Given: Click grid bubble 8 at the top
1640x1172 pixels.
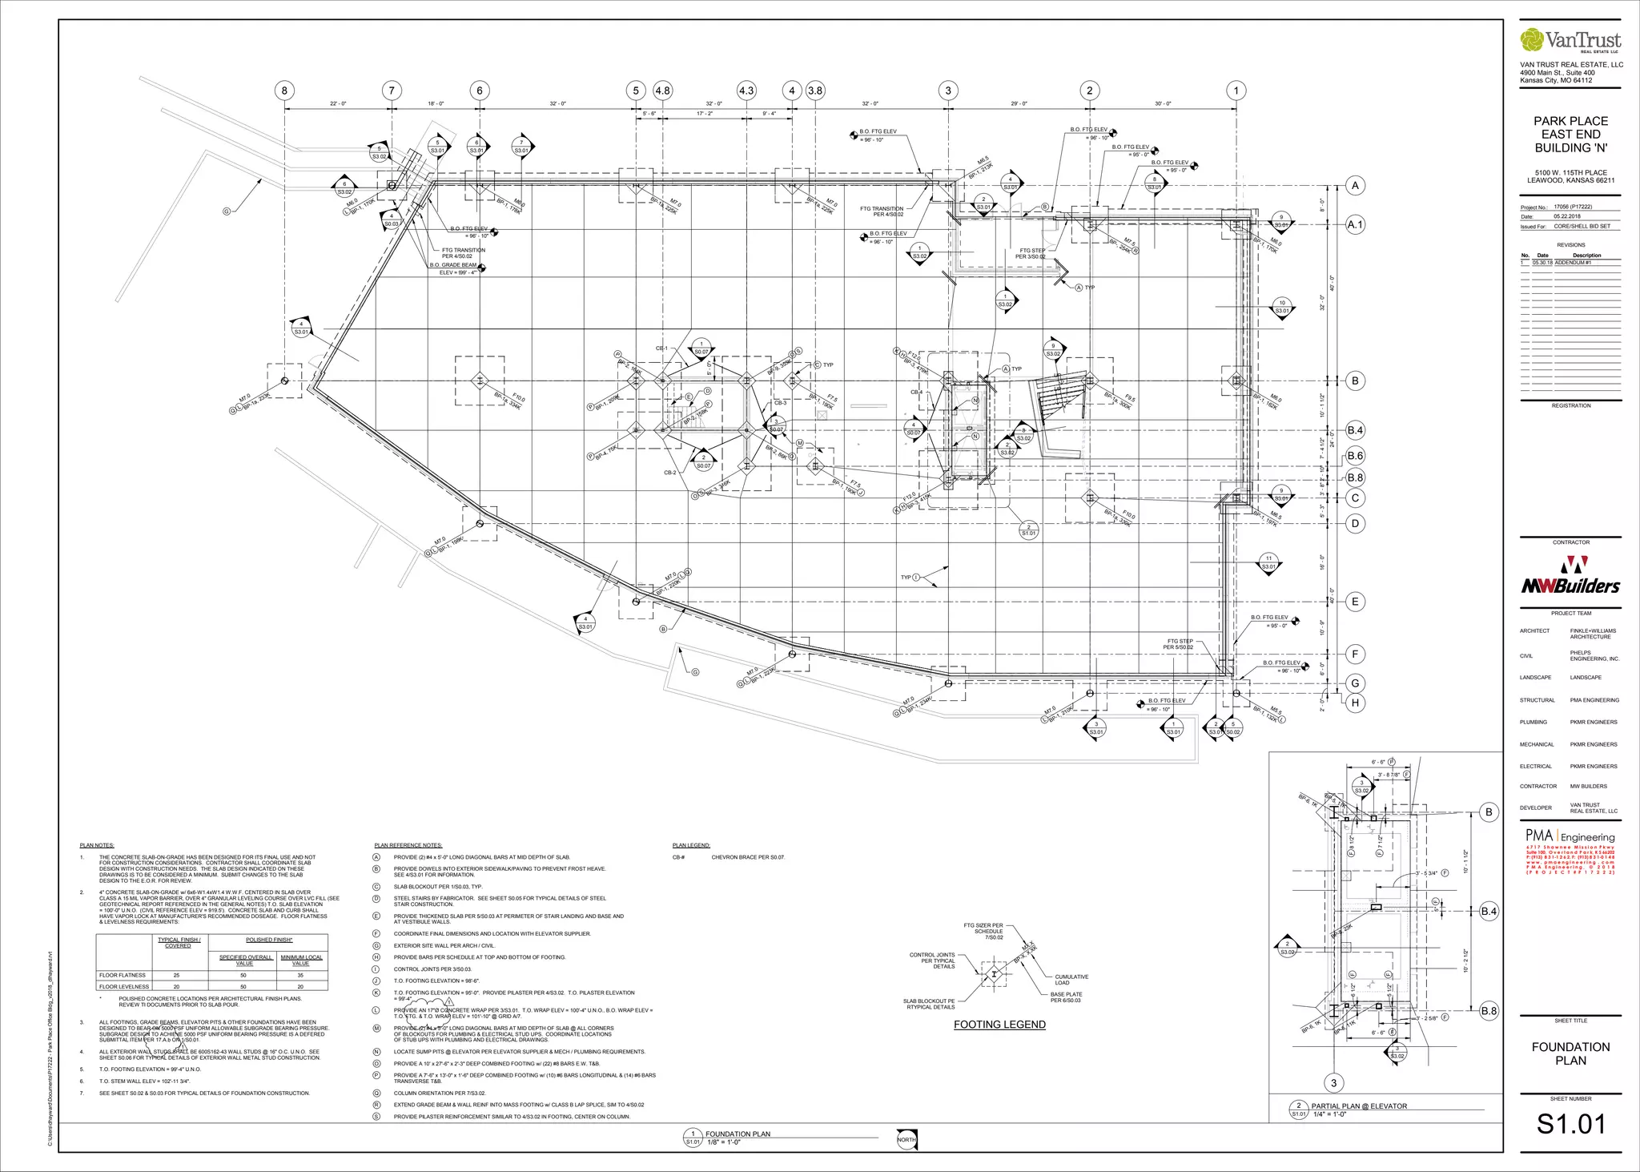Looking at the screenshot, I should tap(283, 91).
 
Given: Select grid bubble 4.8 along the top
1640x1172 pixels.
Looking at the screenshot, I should tap(662, 91).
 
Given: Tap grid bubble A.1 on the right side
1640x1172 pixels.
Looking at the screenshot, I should tap(1355, 225).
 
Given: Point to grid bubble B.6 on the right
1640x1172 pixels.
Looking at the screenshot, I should tap(1355, 456).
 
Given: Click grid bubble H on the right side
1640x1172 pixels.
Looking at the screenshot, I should tap(1355, 703).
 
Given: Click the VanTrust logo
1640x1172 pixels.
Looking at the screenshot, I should tap(1570, 40).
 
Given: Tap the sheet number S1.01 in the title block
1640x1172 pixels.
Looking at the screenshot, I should tap(1570, 1124).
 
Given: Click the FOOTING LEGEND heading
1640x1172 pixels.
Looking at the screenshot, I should tap(999, 1024).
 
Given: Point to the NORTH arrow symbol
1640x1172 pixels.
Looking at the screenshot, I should tap(906, 1139).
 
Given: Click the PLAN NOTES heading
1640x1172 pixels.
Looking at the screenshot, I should tap(97, 845).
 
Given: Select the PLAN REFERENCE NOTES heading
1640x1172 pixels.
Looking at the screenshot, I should tap(408, 845).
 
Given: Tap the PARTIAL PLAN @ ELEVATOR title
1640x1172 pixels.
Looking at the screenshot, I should tap(1359, 1106).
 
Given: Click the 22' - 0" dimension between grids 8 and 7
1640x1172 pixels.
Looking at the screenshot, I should tap(338, 103).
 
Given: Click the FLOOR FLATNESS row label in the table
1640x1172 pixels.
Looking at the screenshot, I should tap(123, 975).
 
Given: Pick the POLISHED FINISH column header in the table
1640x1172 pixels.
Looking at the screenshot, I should tap(269, 940).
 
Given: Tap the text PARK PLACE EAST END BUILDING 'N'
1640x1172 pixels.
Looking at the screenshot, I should tap(1570, 135).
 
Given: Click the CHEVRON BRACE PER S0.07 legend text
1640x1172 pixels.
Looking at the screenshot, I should tap(748, 857).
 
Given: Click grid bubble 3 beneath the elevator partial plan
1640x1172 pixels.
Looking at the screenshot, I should tap(1333, 1083).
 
